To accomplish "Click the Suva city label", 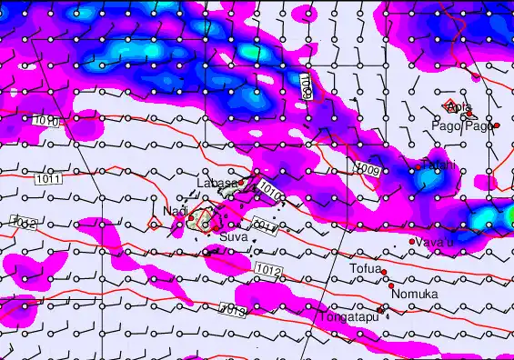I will (x=233, y=237).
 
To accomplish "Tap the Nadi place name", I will (x=174, y=211).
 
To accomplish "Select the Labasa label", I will (x=217, y=183).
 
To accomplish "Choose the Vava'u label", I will (x=435, y=241).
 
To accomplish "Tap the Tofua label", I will (x=364, y=269).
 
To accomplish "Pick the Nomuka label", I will (x=415, y=295).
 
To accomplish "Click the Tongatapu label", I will (x=348, y=317).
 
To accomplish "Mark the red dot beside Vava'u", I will (x=412, y=241).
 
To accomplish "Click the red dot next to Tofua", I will (x=384, y=272).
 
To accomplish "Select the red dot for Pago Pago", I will (x=496, y=125).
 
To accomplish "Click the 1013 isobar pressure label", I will (x=233, y=312).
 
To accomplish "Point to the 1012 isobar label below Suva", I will (x=267, y=270).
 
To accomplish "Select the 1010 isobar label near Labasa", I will (x=268, y=189).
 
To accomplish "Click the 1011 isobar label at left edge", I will (x=49, y=179).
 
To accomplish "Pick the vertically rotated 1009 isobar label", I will (x=306, y=87).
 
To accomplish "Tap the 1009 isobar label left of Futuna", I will (x=368, y=169).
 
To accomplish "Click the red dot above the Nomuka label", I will (x=391, y=285).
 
